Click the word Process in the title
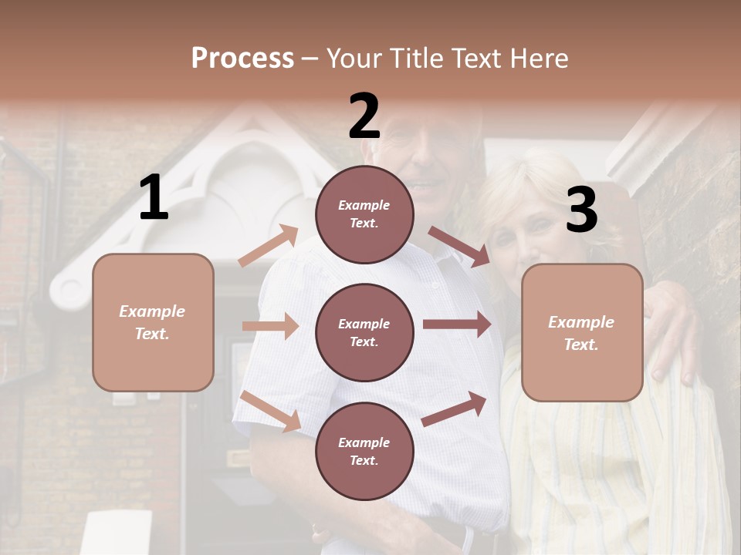click(x=242, y=58)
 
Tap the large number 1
click(x=154, y=198)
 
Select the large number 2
click(x=364, y=116)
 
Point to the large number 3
click(x=581, y=210)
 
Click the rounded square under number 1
click(x=153, y=322)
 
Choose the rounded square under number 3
click(x=582, y=332)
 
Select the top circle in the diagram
click(x=364, y=214)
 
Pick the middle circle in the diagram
click(x=364, y=332)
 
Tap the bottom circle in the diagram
click(x=364, y=451)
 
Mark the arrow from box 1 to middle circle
click(x=270, y=326)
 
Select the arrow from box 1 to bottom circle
click(x=271, y=411)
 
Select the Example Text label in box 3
click(x=581, y=332)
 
